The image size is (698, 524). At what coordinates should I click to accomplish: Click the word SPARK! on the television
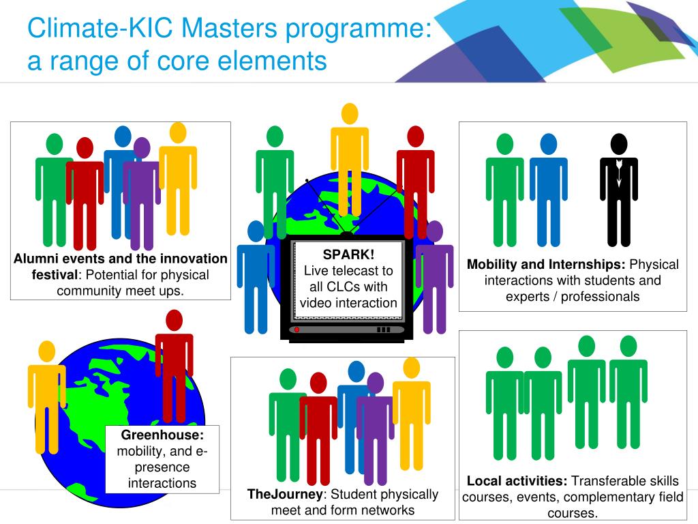tap(348, 254)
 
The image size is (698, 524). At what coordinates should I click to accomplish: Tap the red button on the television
tap(297, 330)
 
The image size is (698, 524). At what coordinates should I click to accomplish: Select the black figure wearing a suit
tap(618, 191)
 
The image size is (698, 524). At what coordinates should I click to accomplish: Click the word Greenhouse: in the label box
tap(162, 435)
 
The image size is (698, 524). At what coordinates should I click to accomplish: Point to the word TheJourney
tap(284, 494)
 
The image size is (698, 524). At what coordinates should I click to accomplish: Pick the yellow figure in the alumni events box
tap(178, 177)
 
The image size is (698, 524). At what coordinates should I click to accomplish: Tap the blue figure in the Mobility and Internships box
tap(548, 191)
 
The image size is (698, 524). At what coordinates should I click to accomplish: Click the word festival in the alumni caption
tap(55, 275)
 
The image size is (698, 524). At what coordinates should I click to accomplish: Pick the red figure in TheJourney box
tap(318, 426)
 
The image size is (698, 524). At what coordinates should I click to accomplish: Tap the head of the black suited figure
tap(618, 143)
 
